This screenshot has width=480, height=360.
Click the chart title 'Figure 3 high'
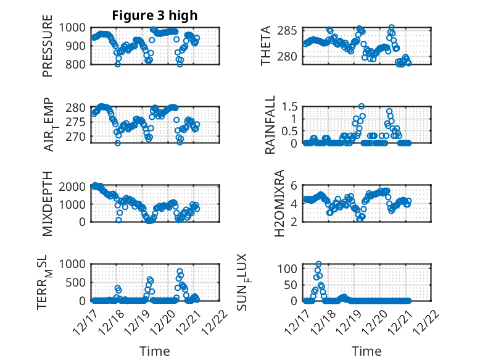pos(154,15)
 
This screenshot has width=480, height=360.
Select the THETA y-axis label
pos(266,46)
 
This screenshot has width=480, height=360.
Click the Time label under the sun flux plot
pos(367,351)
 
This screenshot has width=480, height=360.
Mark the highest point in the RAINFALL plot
pos(362,106)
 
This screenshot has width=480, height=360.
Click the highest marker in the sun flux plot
pos(318,264)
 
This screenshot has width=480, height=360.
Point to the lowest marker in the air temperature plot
pos(117,143)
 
